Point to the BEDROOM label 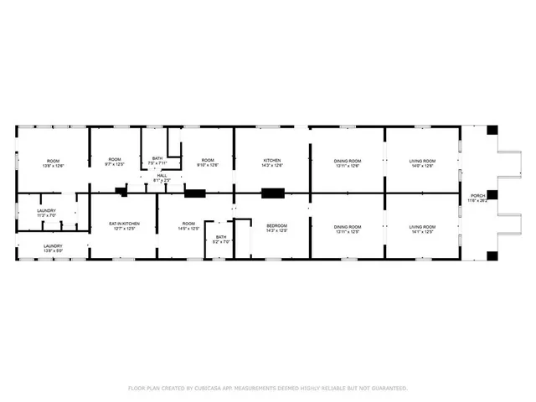pos(277,226)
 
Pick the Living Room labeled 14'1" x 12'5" pos(422,228)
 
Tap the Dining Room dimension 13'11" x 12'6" pos(347,165)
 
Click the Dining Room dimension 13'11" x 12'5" pos(347,230)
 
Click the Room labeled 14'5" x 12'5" pos(188,226)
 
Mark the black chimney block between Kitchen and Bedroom pos(273,193)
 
